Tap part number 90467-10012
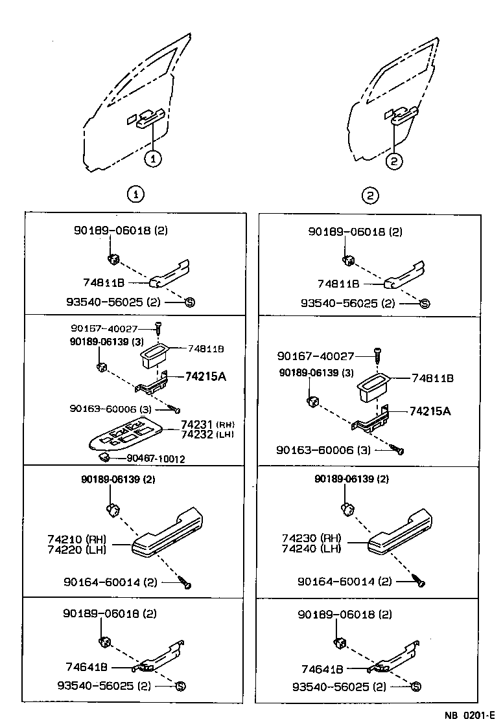156,459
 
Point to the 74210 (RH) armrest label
76,539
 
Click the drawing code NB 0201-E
469,716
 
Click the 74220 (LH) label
76,549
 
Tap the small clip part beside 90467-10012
102,457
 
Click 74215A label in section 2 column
429,411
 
